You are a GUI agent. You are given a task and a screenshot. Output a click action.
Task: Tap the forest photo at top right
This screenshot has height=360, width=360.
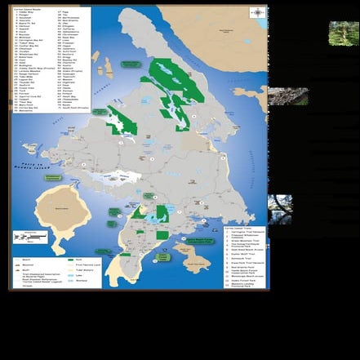pyautogui.click(x=344, y=33)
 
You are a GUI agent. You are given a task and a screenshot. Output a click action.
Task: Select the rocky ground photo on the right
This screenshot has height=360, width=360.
pyautogui.click(x=287, y=96)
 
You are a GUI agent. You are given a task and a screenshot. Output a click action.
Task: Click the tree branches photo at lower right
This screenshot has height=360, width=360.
pyautogui.click(x=280, y=208)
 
